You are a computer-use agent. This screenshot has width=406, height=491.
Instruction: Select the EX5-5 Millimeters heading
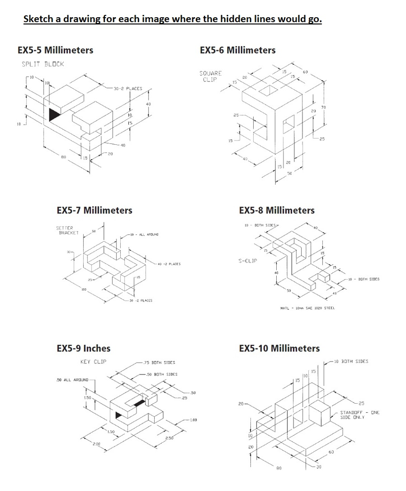tap(55, 50)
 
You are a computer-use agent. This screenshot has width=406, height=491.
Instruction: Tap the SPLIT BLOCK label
tap(43, 64)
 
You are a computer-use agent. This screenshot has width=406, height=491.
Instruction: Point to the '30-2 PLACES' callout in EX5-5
tap(128, 89)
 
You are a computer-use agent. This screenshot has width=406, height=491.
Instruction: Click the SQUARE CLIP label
tap(211, 76)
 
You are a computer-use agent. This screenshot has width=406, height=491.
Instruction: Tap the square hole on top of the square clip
tap(269, 90)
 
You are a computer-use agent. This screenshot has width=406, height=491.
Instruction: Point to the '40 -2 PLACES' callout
tap(169, 264)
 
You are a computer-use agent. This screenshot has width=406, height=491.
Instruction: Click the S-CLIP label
tap(248, 261)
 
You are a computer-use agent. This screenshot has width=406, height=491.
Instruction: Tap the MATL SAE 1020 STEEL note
tap(307, 308)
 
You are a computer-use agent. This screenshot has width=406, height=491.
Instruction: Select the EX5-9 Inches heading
tap(83, 349)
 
